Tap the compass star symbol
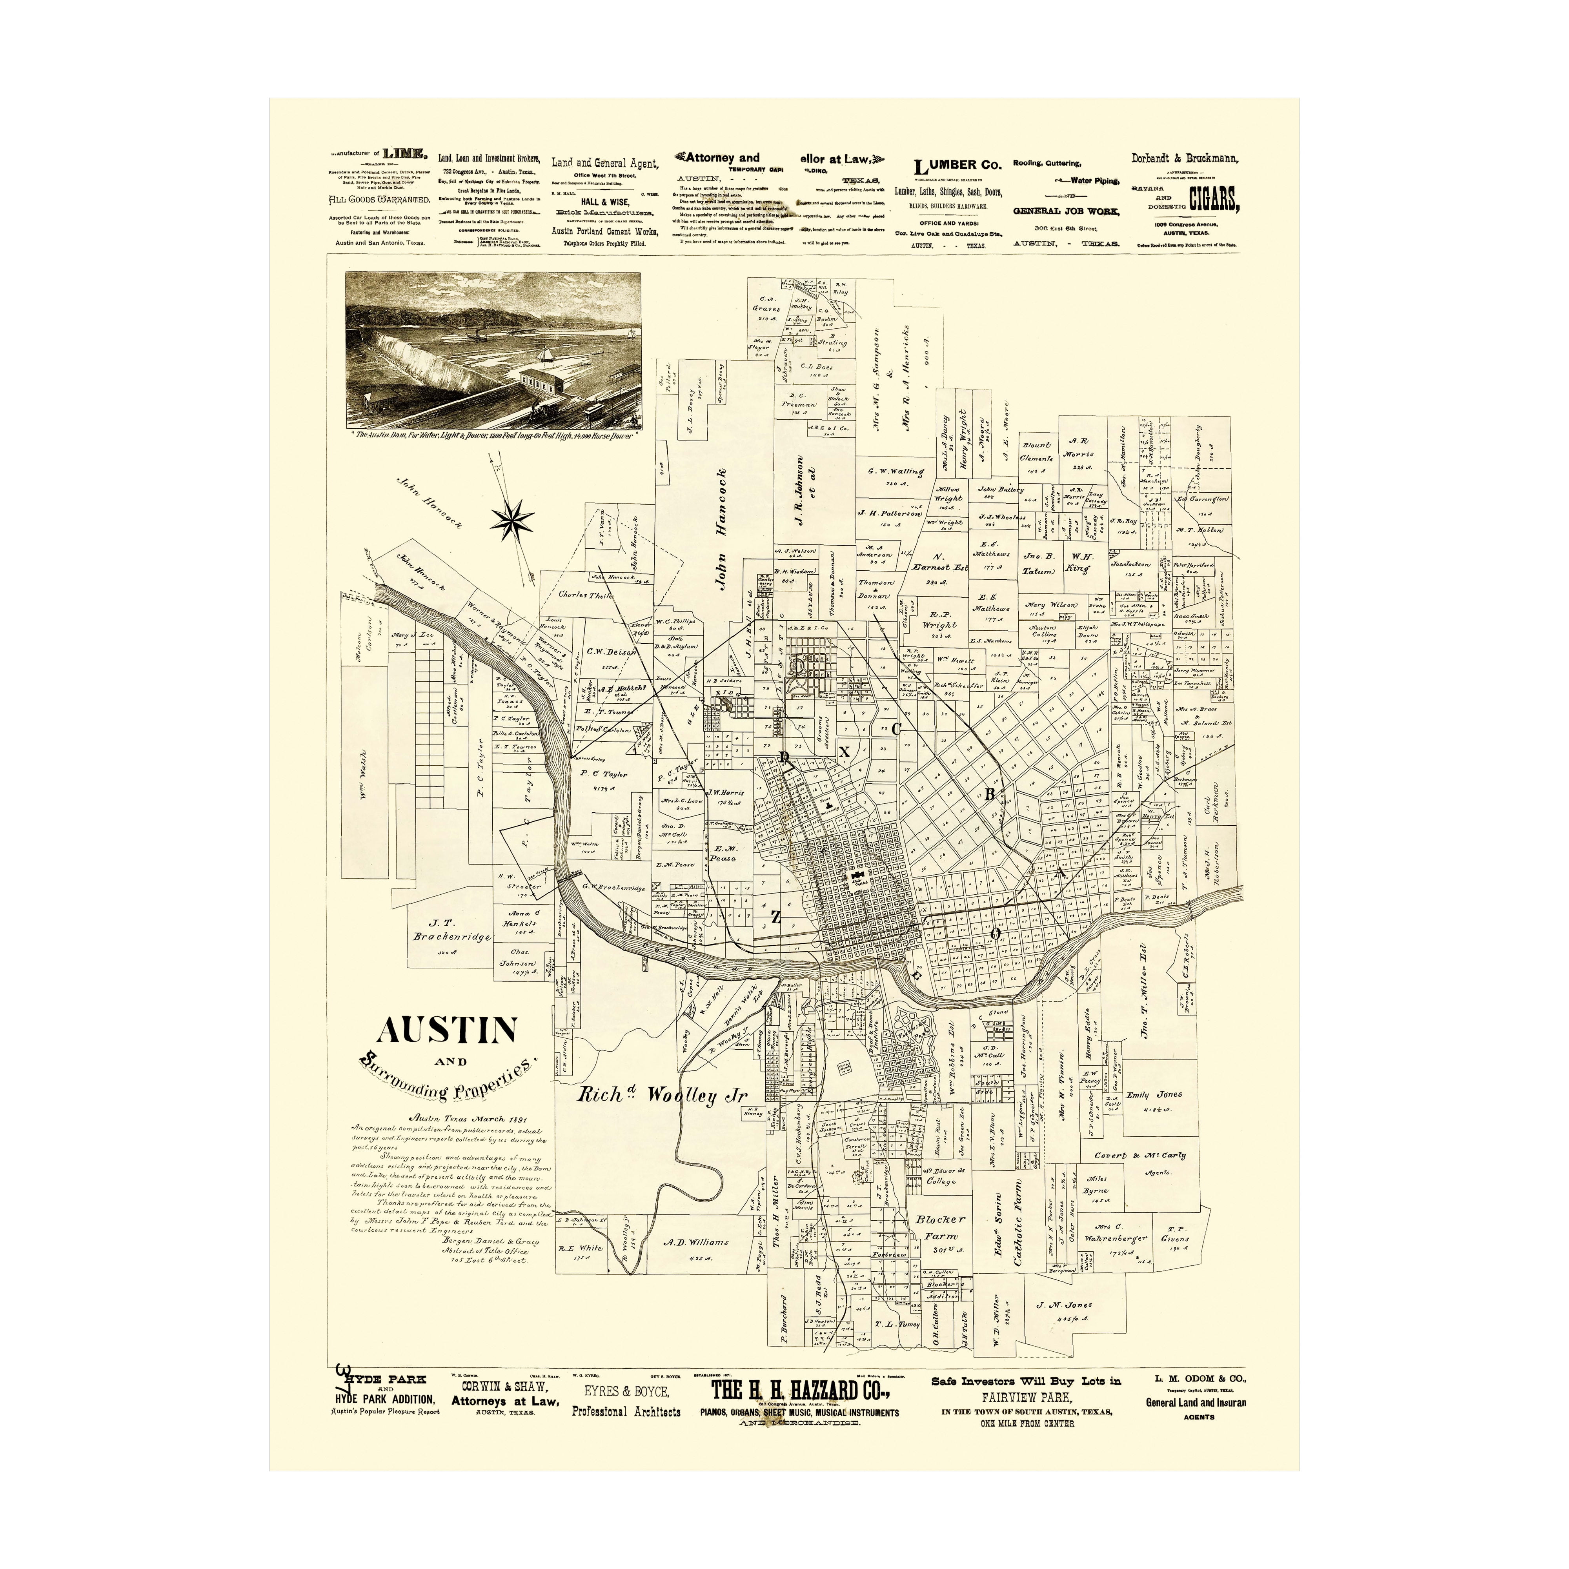tap(512, 521)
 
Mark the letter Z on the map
tap(775, 918)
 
